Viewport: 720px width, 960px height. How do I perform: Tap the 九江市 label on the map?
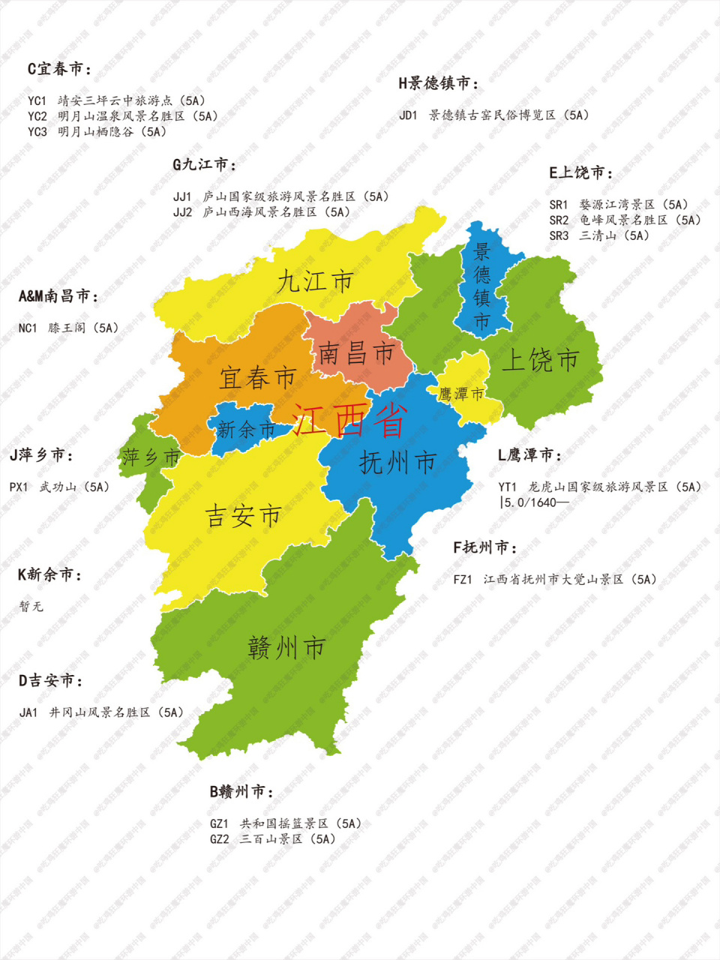coord(314,282)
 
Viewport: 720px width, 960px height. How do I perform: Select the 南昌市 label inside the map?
coord(356,352)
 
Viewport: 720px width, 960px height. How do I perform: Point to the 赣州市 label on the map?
coord(286,646)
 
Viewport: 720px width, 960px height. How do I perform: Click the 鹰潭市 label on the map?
coord(461,394)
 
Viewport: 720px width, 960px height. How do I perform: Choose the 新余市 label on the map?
coord(246,430)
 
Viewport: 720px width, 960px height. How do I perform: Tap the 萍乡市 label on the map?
coord(151,457)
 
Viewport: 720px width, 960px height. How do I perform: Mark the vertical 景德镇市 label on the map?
coord(481,286)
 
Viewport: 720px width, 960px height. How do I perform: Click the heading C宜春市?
coord(59,69)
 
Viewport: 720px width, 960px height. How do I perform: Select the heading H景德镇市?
coord(438,83)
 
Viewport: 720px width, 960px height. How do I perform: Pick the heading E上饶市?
coord(580,172)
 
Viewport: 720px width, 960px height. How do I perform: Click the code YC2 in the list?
coord(37,116)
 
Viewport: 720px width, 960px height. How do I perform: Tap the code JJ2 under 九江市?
coord(182,212)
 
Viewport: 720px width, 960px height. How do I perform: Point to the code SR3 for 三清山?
coord(559,235)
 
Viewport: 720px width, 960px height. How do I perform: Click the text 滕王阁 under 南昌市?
coord(67,328)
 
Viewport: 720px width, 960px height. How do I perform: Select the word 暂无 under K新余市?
coord(31,606)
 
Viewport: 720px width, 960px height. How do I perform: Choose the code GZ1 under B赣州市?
coord(219,823)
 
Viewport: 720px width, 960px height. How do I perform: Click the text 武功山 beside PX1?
coord(58,487)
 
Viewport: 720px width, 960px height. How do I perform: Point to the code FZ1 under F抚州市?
coord(463,579)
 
